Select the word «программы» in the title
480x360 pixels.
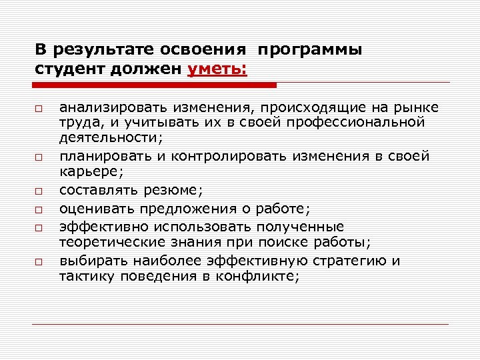308,50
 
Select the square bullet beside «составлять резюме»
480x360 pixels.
40,191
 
